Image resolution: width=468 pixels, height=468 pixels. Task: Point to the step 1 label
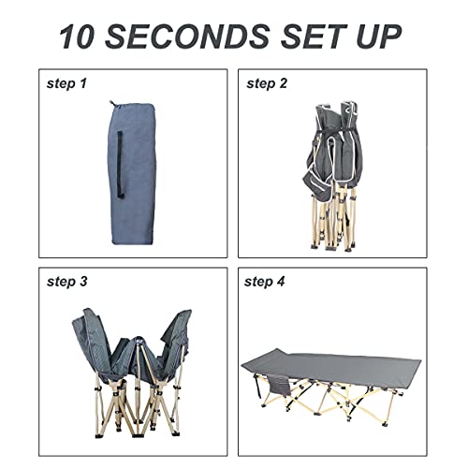pos(66,83)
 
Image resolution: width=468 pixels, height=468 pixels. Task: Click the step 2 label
pos(267,83)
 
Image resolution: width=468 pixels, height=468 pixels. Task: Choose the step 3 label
pos(66,281)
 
